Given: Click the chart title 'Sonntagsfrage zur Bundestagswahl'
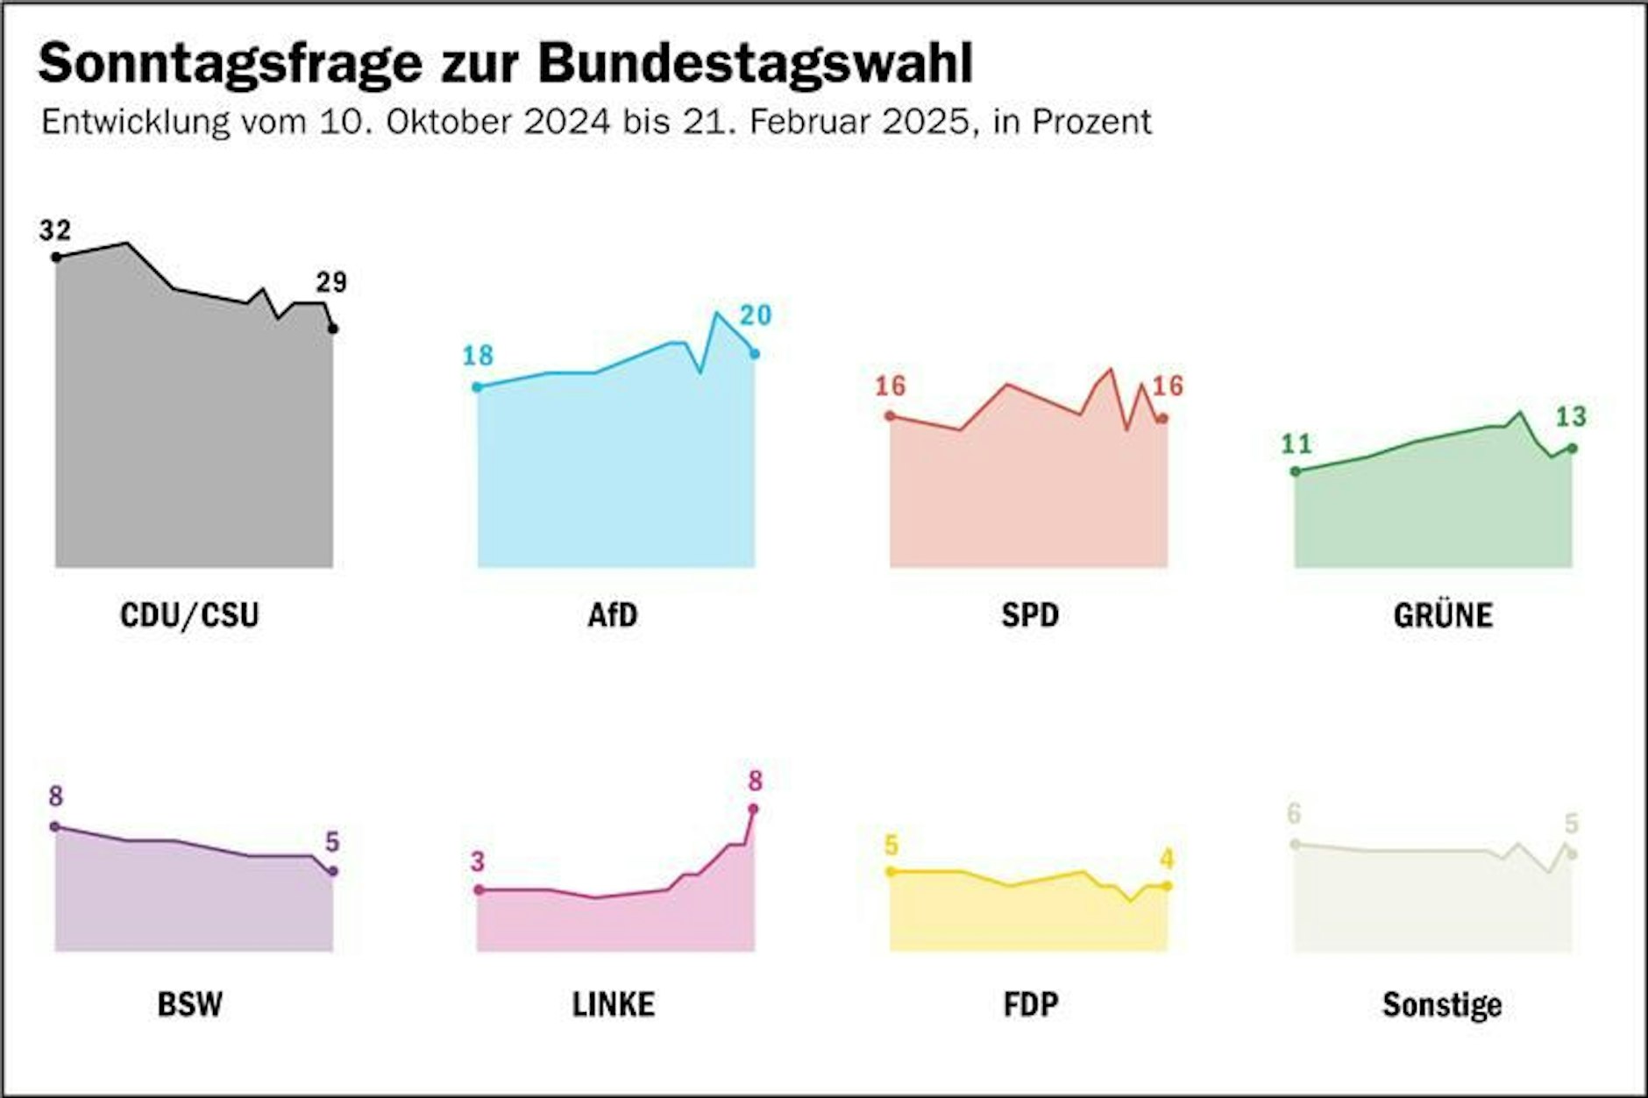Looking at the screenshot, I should (505, 63).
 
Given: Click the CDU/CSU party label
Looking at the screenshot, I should (189, 615).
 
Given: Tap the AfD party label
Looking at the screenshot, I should (613, 615).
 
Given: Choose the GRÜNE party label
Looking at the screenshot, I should (1443, 615).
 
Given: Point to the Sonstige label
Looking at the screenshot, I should (1442, 1004).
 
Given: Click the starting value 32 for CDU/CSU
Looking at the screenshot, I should (54, 230).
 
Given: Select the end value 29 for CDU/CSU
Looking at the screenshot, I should (331, 282).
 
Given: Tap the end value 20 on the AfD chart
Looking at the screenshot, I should (756, 315).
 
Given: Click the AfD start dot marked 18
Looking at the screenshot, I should (477, 386).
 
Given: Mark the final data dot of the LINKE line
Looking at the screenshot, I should (753, 809).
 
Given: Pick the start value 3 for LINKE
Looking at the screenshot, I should (477, 861).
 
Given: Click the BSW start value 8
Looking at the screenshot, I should (55, 796).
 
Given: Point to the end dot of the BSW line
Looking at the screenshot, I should (332, 871).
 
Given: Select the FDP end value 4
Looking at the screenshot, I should (1167, 859).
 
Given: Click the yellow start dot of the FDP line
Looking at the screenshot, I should (891, 871).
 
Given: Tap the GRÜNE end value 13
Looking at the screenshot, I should (1571, 416).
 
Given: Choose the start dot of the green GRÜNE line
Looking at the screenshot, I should (1296, 471).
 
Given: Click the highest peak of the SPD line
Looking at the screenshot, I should (1111, 370).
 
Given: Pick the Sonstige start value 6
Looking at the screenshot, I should (1294, 813).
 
